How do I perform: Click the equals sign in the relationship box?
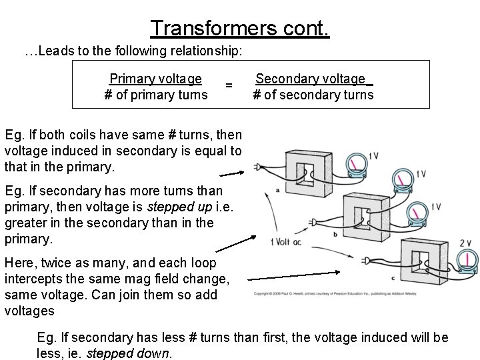[x=229, y=85]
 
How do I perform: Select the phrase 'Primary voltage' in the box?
[x=156, y=79]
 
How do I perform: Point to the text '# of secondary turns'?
[x=313, y=95]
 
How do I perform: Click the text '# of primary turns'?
[x=156, y=95]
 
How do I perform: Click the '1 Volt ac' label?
[x=286, y=241]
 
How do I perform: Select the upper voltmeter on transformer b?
[x=402, y=179]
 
